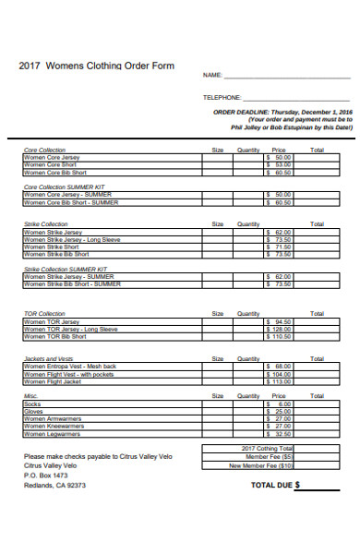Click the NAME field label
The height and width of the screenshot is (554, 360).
point(212,75)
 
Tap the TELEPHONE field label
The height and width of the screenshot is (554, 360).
point(222,97)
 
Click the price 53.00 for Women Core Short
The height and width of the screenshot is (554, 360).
point(278,165)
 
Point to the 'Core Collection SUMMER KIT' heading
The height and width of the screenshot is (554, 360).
point(70,187)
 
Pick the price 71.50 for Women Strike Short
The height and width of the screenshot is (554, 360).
point(278,247)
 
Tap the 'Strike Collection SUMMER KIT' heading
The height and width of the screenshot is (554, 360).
point(72,269)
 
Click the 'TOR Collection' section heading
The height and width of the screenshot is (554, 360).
point(44,314)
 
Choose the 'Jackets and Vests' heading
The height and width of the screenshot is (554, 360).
point(48,358)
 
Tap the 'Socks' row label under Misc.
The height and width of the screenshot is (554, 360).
point(32,404)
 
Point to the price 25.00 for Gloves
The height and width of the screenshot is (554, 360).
point(278,412)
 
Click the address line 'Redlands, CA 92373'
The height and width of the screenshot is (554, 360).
point(54,484)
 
